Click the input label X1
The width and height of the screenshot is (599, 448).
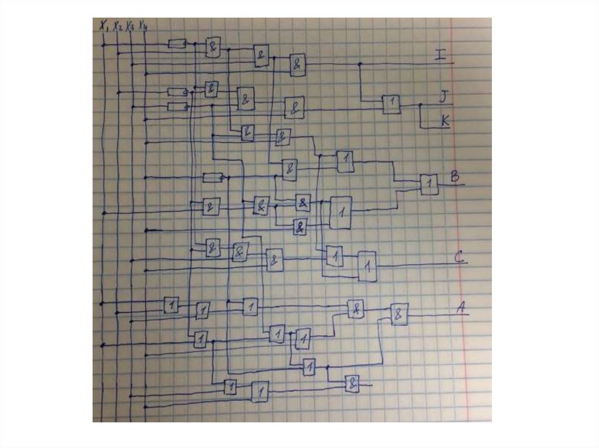pyautogui.click(x=104, y=25)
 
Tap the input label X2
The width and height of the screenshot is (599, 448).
pyautogui.click(x=118, y=26)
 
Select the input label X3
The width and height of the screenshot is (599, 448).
pyautogui.click(x=130, y=26)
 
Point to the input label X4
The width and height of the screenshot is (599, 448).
pyautogui.click(x=142, y=26)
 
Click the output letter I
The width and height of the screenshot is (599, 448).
pyautogui.click(x=440, y=56)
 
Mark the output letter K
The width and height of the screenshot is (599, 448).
pyautogui.click(x=445, y=121)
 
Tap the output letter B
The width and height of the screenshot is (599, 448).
pyautogui.click(x=453, y=176)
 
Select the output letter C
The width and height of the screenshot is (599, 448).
pyautogui.click(x=459, y=256)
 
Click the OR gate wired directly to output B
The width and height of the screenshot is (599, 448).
pyautogui.click(x=429, y=185)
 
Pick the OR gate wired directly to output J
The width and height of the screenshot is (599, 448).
pyautogui.click(x=392, y=104)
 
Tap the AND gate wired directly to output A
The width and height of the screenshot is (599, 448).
pyautogui.click(x=400, y=314)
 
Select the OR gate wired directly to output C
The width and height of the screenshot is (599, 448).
pyautogui.click(x=367, y=266)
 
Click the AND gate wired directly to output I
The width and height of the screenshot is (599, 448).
pyautogui.click(x=298, y=64)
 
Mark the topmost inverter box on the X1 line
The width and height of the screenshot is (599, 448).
pyautogui.click(x=177, y=43)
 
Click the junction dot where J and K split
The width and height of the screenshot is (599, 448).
pyautogui.click(x=419, y=106)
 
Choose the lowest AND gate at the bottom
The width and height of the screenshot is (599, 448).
pyautogui.click(x=352, y=384)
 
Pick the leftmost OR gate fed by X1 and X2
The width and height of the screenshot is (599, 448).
pyautogui.click(x=171, y=304)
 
